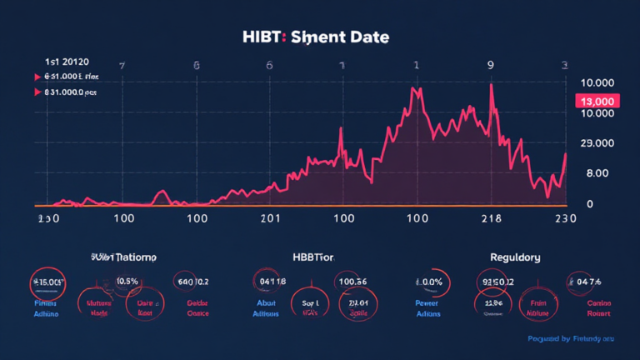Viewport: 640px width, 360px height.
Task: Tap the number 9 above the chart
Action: pyautogui.click(x=491, y=64)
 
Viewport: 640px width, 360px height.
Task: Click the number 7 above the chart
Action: pyautogui.click(x=122, y=64)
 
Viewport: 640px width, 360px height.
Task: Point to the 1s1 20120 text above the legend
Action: pyautogui.click(x=67, y=62)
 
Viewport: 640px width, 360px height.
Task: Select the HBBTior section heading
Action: pyautogui.click(x=320, y=257)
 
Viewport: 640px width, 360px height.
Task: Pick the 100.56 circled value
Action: pyautogui.click(x=350, y=282)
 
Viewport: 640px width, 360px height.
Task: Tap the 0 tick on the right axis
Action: pyautogui.click(x=589, y=203)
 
